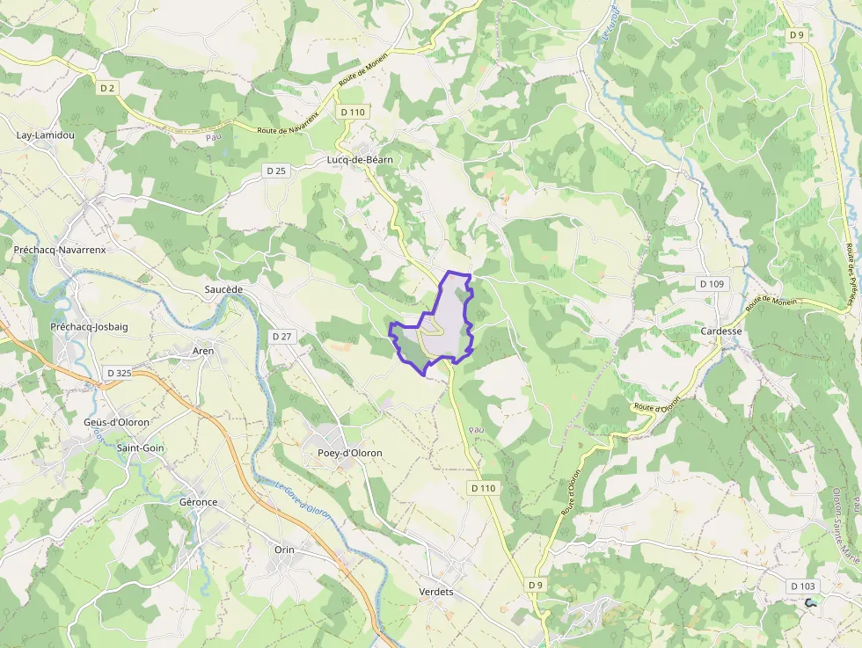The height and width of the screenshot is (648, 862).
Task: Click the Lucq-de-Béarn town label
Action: click(359, 160)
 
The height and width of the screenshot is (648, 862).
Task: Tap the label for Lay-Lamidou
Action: click(46, 135)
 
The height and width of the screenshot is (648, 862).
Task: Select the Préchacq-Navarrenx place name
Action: click(60, 250)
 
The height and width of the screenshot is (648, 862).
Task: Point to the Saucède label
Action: click(223, 289)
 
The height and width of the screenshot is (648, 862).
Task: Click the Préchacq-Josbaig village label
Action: click(89, 327)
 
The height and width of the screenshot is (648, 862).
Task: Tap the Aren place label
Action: click(203, 351)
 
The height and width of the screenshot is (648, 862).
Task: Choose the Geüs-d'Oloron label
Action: click(117, 422)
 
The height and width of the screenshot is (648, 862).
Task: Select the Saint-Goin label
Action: click(141, 448)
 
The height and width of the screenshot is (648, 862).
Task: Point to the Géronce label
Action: click(198, 502)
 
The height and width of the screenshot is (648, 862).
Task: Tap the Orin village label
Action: click(284, 550)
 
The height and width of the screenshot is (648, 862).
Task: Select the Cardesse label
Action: click(721, 331)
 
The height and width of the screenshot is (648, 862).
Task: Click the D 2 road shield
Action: click(108, 88)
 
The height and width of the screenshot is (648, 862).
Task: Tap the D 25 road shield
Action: click(275, 171)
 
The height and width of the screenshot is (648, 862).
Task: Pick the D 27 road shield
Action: click(281, 337)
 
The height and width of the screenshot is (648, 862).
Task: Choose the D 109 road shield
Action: click(712, 284)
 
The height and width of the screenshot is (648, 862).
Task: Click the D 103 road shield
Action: click(803, 586)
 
